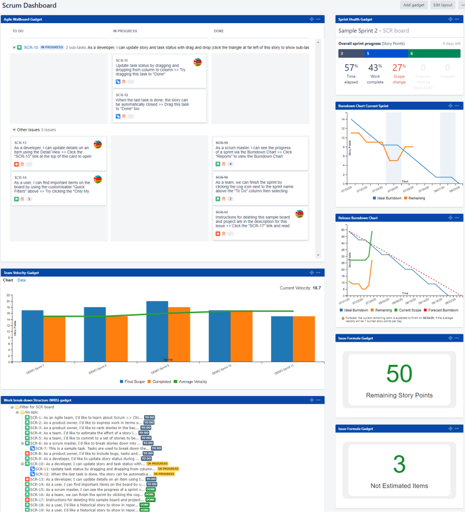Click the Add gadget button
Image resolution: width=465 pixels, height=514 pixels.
pyautogui.click(x=413, y=5)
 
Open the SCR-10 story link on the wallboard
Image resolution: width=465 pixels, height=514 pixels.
pyautogui.click(x=31, y=47)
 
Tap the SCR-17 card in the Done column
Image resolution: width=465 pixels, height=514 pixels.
pyautogui.click(x=260, y=224)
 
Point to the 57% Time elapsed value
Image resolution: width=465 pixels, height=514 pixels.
pyautogui.click(x=351, y=68)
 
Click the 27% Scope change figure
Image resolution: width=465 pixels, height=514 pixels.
pyautogui.click(x=399, y=68)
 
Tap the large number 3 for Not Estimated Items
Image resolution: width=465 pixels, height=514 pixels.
pyautogui.click(x=400, y=465)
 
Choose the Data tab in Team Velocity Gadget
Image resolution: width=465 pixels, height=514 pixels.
pyautogui.click(x=22, y=280)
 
